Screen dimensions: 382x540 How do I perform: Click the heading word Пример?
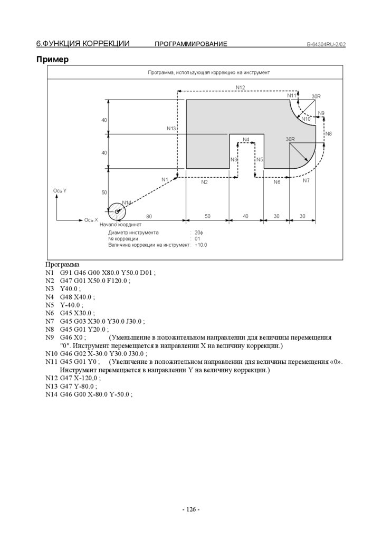pyautogui.click(x=52, y=60)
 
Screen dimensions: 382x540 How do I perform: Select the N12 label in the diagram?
pyautogui.click(x=240, y=87)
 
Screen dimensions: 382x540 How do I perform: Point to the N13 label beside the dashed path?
pyautogui.click(x=171, y=129)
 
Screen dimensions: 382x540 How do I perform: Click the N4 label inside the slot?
pyautogui.click(x=246, y=140)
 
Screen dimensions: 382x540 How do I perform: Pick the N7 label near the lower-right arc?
pyautogui.click(x=307, y=180)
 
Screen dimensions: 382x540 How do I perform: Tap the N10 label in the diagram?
pyautogui.click(x=307, y=119)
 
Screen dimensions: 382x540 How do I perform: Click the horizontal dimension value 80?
pyautogui.click(x=149, y=216)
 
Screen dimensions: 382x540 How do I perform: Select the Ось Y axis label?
pyautogui.click(x=60, y=190)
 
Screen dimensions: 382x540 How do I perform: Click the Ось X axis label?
pyautogui.click(x=91, y=219)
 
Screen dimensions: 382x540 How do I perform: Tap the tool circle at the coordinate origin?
pyautogui.click(x=117, y=211)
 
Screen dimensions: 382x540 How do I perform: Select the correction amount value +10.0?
pyautogui.click(x=200, y=245)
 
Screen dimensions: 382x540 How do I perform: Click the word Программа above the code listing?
pyautogui.click(x=62, y=264)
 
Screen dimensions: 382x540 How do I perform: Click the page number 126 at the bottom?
pyautogui.click(x=190, y=509)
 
